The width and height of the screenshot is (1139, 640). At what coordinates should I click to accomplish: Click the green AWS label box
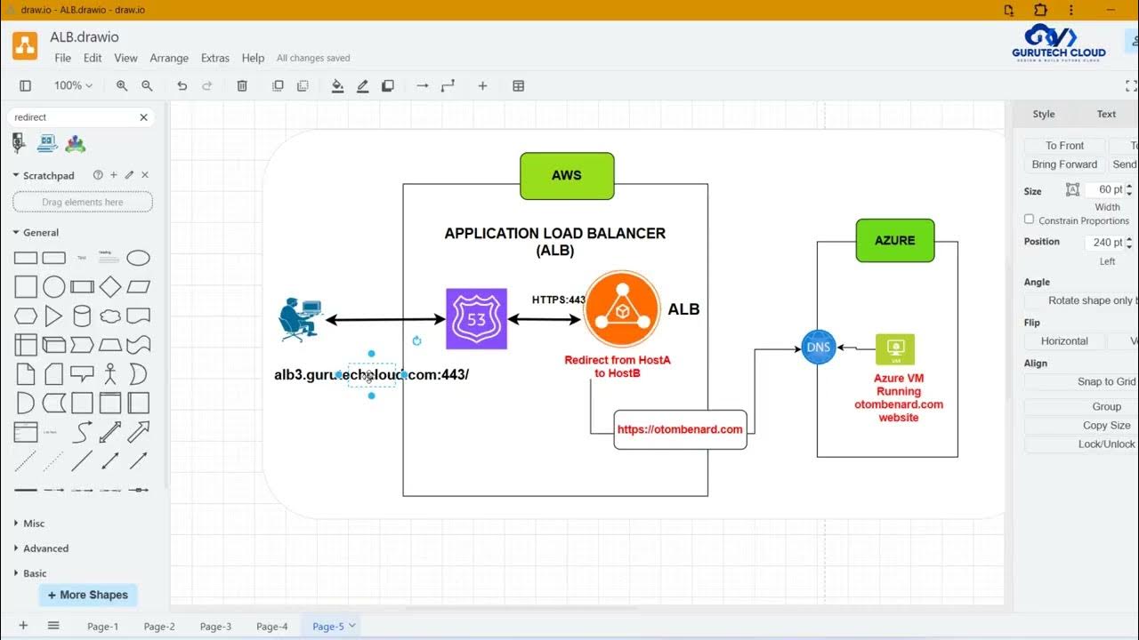point(567,175)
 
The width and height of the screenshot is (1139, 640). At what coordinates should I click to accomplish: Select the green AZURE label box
point(894,240)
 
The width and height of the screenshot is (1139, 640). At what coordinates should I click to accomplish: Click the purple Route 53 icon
point(476,318)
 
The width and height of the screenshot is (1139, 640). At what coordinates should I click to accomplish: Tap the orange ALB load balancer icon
point(622,308)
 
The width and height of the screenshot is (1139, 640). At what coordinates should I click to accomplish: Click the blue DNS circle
point(818,348)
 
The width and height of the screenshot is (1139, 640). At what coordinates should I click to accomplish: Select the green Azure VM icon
point(895,349)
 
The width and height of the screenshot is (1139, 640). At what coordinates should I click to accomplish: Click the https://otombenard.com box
point(680,429)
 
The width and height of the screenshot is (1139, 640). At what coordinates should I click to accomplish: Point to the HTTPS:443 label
point(558,300)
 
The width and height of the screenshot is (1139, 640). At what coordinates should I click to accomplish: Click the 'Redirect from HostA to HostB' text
point(618,366)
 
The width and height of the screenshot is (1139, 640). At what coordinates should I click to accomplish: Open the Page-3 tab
point(215,627)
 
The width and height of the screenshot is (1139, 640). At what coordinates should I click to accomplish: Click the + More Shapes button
point(88,595)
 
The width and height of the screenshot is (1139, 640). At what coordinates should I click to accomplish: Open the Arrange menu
point(169,58)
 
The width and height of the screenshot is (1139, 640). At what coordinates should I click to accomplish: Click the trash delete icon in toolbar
point(242,86)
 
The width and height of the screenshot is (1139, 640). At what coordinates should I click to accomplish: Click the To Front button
point(1064,146)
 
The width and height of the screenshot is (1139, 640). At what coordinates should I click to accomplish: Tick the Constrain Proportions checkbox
point(1030,220)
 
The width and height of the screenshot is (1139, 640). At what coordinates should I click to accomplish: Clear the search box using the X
point(143,117)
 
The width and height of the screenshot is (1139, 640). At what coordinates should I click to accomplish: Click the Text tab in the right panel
point(1106,114)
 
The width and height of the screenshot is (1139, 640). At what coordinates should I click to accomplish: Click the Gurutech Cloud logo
point(1059,42)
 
